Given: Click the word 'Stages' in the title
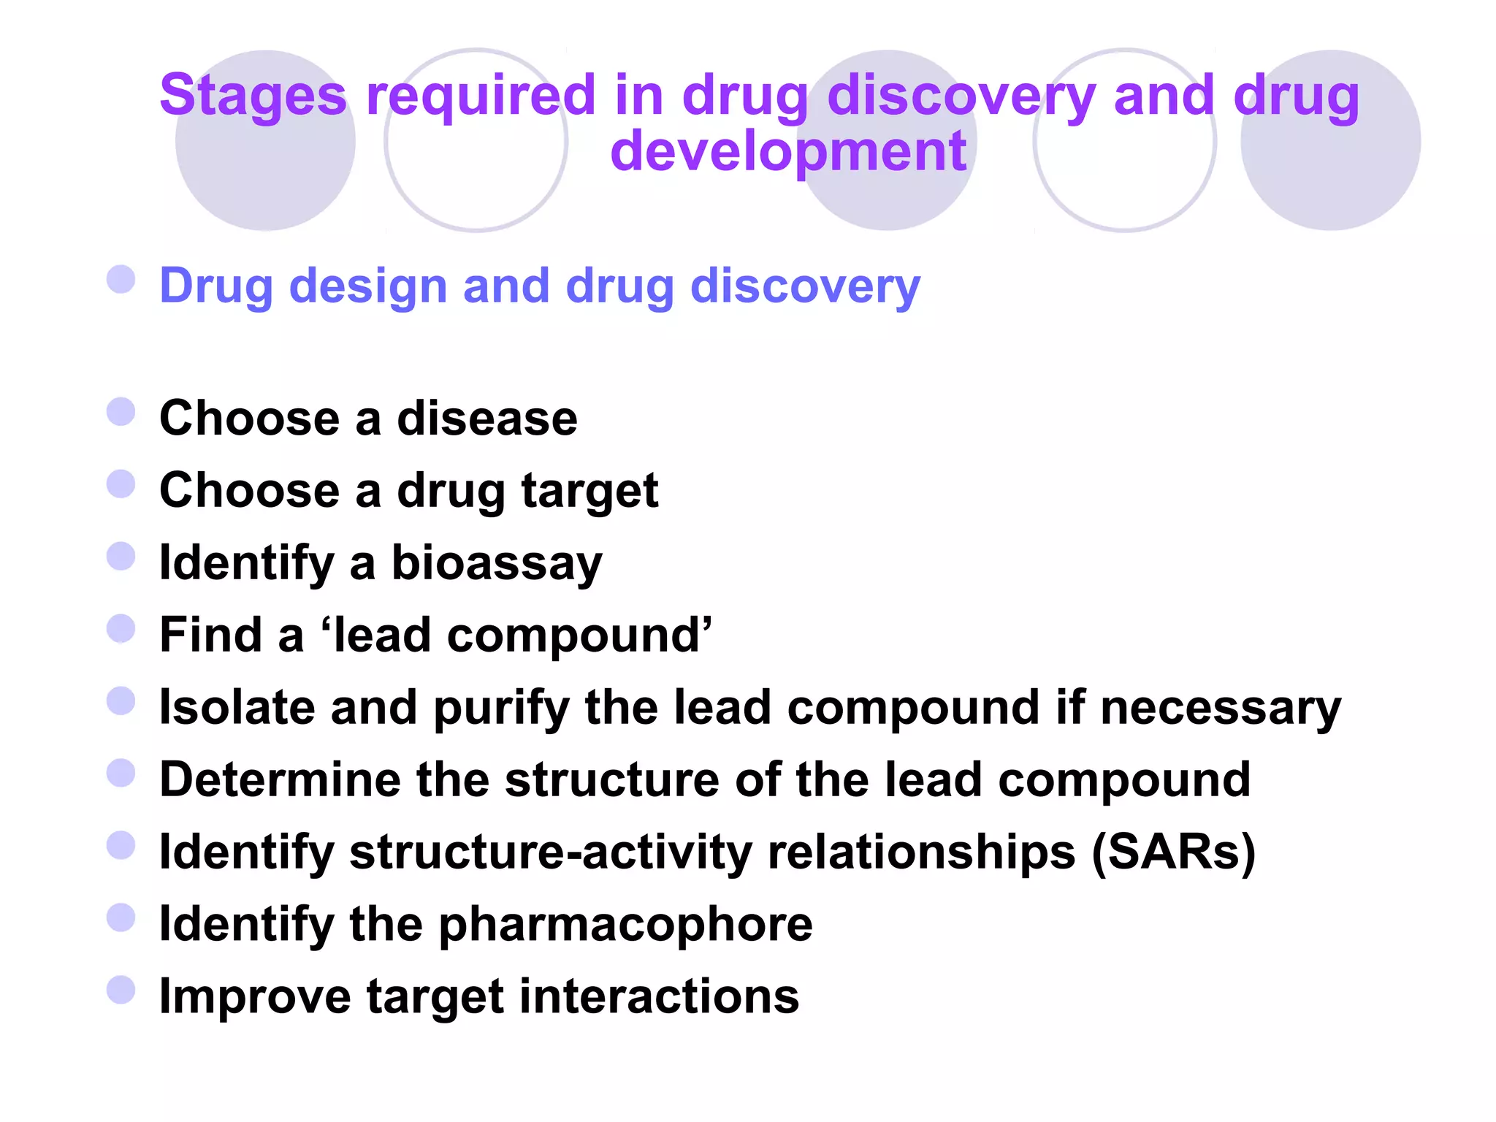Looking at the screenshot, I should tap(252, 96).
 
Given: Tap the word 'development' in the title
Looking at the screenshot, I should tap(788, 151).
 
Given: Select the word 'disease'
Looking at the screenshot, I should tap(486, 419).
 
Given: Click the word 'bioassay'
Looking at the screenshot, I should tap(497, 563).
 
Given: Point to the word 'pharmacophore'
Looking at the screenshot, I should tap(625, 924).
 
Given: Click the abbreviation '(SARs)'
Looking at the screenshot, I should tap(1173, 852).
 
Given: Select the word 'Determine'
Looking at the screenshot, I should tap(280, 779).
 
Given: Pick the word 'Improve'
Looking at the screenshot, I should tap(255, 996).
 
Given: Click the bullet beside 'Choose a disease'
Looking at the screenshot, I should tap(121, 412).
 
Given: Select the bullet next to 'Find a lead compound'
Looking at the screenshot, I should tap(121, 629).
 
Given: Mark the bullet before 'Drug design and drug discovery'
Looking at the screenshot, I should tap(121, 279).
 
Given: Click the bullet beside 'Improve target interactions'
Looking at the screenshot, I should tap(121, 991).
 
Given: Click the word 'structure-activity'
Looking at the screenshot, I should tap(550, 852).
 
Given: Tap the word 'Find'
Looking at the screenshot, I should tap(210, 635).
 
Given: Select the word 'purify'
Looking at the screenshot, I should tap(501, 708).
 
